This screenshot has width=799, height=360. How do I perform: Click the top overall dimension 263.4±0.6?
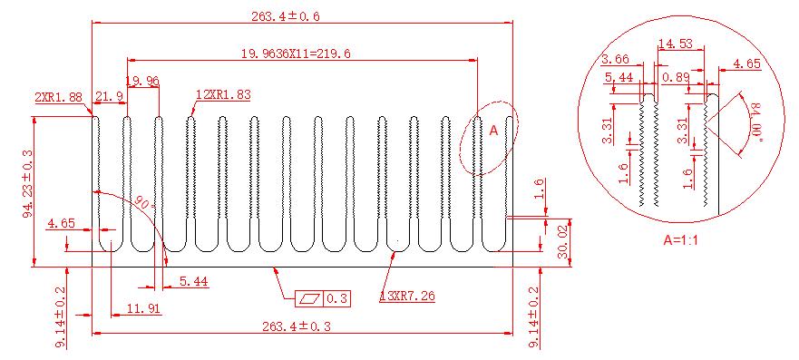(286, 16)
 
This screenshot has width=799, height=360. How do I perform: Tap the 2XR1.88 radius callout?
(58, 97)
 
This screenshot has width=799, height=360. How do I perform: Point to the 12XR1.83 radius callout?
(223, 94)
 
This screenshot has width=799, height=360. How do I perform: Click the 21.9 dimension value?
(109, 96)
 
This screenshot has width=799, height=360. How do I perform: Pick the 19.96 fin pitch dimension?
(142, 81)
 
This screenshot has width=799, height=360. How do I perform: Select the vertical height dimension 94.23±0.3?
(27, 183)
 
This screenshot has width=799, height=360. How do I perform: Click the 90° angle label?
(145, 203)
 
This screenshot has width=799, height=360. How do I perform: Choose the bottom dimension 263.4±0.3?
(296, 326)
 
